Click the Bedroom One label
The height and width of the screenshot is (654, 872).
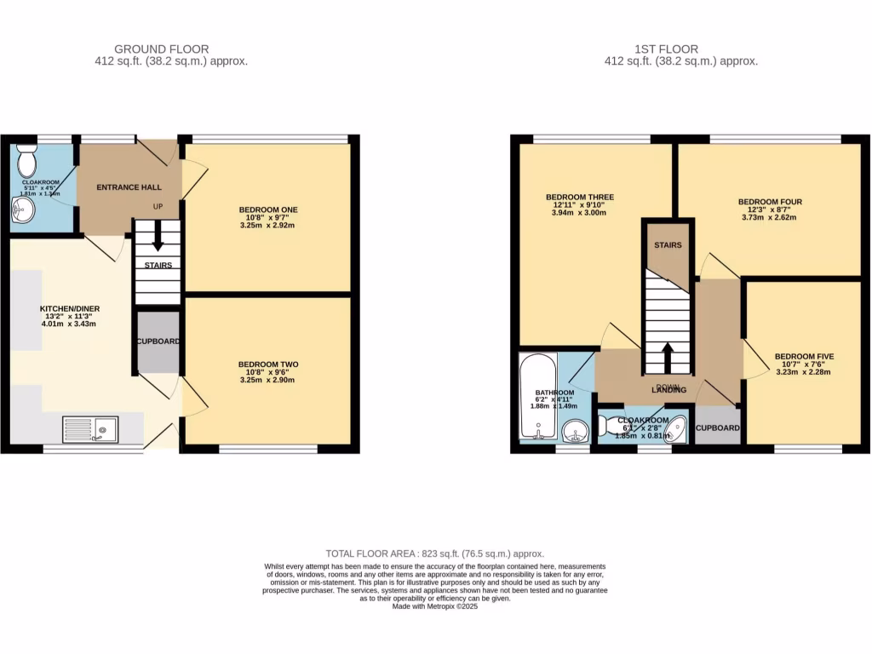point(267,209)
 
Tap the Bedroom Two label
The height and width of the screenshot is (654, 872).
point(267,364)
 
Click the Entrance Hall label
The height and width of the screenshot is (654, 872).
point(129,187)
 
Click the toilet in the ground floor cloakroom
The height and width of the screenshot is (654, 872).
point(27,159)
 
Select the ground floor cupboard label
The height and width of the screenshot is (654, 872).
point(158,341)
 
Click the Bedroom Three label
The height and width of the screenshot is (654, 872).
point(579,198)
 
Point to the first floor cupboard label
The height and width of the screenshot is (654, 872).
point(717,427)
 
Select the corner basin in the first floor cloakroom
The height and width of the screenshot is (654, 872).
point(679,428)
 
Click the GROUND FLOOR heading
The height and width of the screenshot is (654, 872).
point(161,49)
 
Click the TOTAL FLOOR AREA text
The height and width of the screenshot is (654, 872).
point(435,554)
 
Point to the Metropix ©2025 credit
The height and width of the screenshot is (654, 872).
point(435,606)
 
